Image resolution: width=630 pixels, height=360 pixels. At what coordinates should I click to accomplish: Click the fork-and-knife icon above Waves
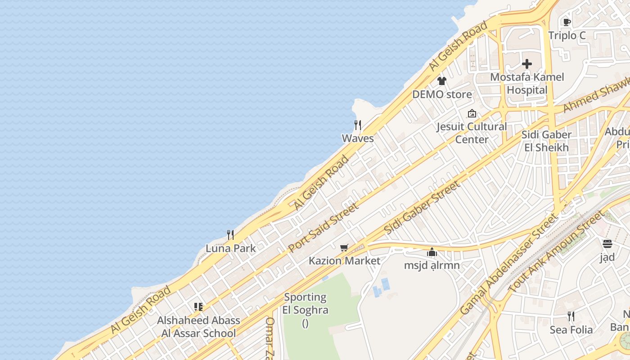[358, 125]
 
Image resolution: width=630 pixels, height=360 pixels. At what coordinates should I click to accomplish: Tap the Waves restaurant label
[358, 138]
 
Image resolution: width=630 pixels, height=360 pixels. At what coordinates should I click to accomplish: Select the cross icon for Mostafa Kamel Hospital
[527, 64]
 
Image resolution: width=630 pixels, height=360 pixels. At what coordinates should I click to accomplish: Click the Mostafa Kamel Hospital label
[527, 83]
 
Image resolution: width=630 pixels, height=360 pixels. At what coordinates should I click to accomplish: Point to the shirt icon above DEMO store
[442, 81]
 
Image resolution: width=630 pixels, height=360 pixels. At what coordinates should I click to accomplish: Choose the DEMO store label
[442, 94]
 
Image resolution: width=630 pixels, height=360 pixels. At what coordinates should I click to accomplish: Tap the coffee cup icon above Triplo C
[567, 22]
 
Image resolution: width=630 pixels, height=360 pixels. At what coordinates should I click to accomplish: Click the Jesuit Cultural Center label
[472, 133]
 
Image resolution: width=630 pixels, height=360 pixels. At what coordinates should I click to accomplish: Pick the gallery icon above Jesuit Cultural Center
[472, 113]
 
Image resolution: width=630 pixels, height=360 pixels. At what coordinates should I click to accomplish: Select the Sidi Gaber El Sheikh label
[546, 141]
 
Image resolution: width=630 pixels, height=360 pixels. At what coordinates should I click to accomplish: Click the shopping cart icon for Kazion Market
[344, 247]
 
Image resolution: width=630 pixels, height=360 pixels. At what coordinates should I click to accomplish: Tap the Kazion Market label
[344, 261]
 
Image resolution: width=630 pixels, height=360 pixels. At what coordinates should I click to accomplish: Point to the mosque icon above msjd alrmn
[432, 252]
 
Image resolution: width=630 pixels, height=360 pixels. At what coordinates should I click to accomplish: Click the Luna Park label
[230, 248]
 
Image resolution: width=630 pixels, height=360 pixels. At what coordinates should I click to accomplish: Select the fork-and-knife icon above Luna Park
[230, 234]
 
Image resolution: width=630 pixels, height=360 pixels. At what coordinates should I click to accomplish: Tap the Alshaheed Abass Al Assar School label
[198, 327]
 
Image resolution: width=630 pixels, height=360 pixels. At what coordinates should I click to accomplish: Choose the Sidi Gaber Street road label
[422, 207]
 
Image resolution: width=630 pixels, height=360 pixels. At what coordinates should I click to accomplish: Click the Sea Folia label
[571, 330]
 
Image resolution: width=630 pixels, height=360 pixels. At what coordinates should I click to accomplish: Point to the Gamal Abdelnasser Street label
[508, 264]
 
